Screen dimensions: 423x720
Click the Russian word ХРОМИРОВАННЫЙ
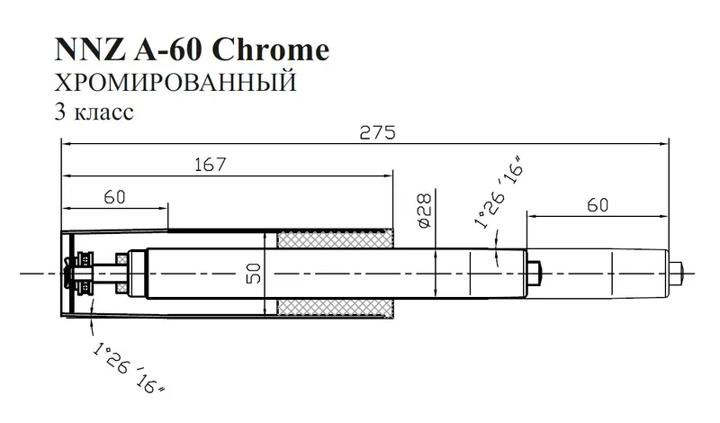coord(175,84)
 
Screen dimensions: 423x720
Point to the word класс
coord(105,114)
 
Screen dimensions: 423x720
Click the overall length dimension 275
coord(378,131)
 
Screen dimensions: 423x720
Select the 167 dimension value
coord(208,165)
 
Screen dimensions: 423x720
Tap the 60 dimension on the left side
coord(114,197)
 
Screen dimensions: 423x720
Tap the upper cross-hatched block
coord(336,240)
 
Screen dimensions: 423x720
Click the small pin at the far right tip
coord(685,269)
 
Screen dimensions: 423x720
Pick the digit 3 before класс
coord(59,114)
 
